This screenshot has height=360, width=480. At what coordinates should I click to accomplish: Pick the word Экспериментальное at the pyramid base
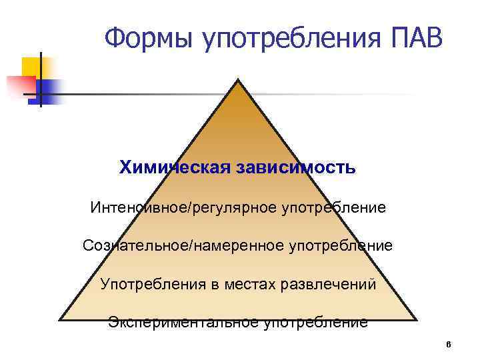[x=183, y=323]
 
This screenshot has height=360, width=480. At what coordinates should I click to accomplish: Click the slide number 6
[x=448, y=345]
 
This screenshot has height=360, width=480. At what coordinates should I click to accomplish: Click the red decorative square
[x=20, y=86]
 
